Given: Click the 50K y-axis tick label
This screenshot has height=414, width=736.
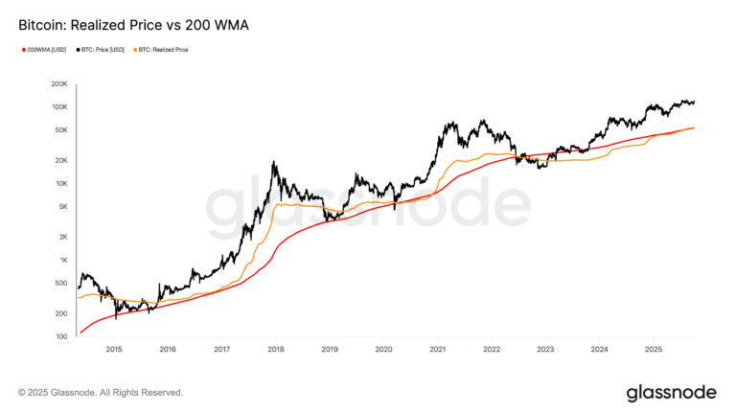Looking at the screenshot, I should (58, 130).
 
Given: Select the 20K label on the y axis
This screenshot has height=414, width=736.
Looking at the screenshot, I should (58, 160).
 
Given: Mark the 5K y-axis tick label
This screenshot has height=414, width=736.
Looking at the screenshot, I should (60, 206).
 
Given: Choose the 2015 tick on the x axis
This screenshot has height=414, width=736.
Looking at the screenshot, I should (113, 350).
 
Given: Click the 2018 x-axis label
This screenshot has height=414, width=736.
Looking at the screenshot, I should (275, 350).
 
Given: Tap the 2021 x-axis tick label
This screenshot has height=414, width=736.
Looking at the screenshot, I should (437, 350).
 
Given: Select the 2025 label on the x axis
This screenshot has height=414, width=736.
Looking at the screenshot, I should (653, 350).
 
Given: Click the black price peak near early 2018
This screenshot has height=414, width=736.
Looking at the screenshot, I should (275, 164).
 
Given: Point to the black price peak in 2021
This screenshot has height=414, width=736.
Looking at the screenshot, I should (447, 123).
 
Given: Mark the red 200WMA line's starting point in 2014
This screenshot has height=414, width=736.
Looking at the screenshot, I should (80, 333).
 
